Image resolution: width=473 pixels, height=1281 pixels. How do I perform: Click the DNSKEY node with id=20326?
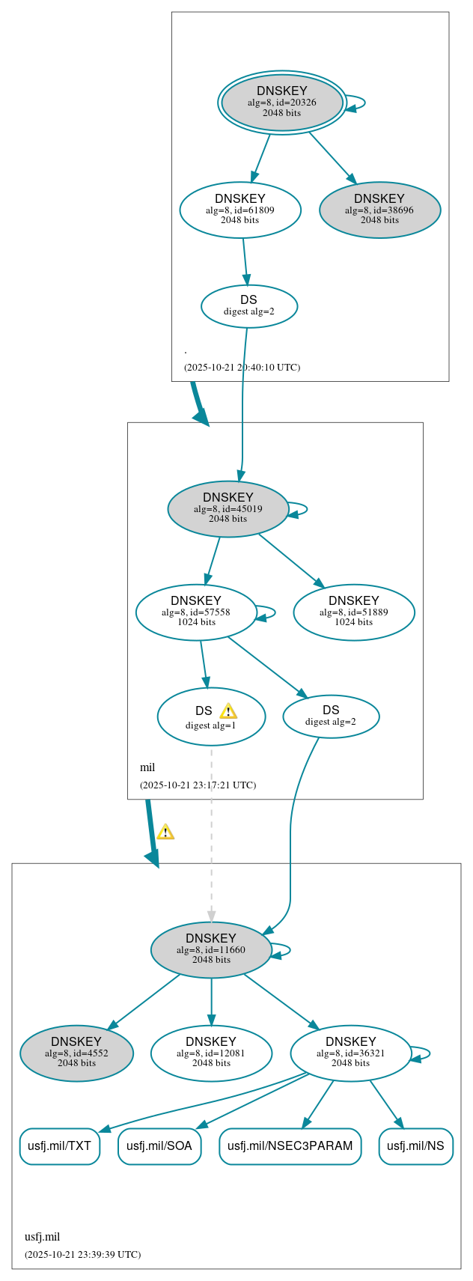tap(282, 103)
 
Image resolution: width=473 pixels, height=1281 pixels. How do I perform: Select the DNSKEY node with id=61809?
tap(240, 210)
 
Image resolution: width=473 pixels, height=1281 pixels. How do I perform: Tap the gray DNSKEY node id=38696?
tap(379, 210)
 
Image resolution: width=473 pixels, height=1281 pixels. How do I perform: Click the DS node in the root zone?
tap(249, 305)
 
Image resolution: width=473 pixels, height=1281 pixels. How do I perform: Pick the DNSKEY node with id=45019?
tap(228, 508)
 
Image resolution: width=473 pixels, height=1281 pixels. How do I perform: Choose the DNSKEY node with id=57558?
tap(196, 612)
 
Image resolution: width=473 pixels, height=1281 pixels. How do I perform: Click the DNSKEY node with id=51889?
tap(354, 612)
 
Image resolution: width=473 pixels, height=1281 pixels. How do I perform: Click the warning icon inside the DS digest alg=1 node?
tap(228, 711)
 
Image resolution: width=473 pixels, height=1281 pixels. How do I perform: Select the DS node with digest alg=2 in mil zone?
tap(331, 716)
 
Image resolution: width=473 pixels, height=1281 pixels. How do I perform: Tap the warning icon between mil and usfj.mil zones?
tap(165, 832)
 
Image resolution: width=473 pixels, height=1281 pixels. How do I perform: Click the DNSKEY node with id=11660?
tap(211, 949)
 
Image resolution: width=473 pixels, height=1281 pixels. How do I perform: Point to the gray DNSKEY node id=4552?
tap(76, 1053)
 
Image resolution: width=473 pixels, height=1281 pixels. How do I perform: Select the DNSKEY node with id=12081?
tap(211, 1053)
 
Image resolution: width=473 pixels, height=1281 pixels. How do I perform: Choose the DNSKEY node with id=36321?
tap(351, 1053)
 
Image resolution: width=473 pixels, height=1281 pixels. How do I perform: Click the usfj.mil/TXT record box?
tap(59, 1145)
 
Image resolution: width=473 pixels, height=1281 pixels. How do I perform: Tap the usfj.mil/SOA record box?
tap(159, 1145)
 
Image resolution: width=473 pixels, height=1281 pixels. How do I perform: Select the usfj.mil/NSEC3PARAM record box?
tap(290, 1145)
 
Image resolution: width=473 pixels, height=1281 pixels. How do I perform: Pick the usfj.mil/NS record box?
tap(415, 1145)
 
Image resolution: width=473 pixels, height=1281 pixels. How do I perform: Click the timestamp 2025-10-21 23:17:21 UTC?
tap(198, 785)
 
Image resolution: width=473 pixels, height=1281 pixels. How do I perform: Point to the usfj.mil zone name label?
tap(42, 1236)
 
